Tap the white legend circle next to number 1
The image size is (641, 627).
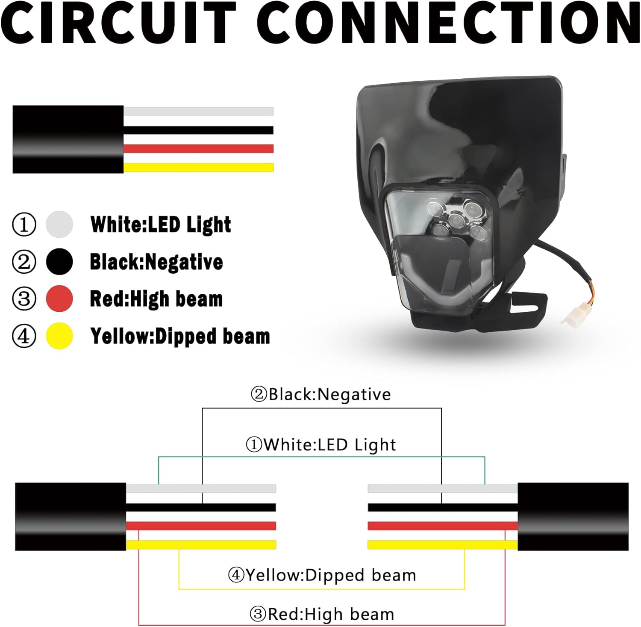(59, 224)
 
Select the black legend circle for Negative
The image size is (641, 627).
(59, 261)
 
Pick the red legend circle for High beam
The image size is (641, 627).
(59, 299)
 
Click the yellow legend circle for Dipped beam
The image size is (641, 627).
(59, 336)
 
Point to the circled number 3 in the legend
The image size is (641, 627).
(24, 299)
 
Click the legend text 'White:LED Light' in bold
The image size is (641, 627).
(161, 225)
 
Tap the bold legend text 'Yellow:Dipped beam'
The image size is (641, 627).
(180, 336)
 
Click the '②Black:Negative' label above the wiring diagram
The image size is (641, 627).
(320, 394)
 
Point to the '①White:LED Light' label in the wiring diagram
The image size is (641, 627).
(321, 445)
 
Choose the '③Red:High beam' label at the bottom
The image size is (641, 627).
(321, 614)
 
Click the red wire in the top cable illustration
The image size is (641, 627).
(198, 149)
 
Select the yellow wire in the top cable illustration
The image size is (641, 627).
(198, 167)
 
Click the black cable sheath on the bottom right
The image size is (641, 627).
(573, 516)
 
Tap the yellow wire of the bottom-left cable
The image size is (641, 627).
(201, 545)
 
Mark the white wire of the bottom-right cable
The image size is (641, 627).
(442, 488)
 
